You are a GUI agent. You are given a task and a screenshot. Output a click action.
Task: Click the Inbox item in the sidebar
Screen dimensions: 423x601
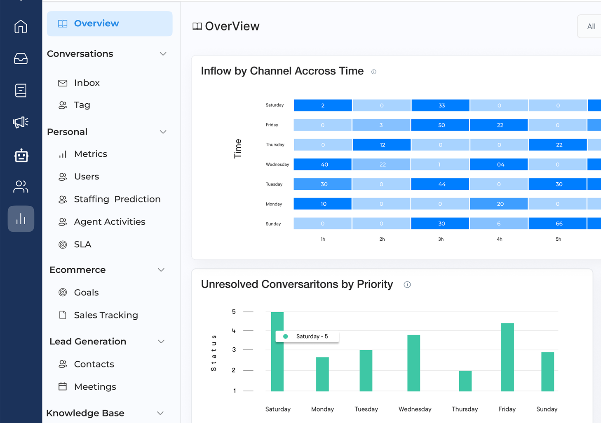click(x=87, y=83)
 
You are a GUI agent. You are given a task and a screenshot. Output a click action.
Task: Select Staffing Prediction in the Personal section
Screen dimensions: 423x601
click(x=117, y=199)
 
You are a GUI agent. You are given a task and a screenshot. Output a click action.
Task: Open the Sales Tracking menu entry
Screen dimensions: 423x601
click(x=106, y=315)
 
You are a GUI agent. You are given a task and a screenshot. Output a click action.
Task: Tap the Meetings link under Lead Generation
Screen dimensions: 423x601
click(x=95, y=387)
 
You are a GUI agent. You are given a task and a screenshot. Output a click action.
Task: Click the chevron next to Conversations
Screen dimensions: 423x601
click(x=163, y=54)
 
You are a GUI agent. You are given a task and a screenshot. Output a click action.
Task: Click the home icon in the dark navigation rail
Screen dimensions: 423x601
click(x=21, y=27)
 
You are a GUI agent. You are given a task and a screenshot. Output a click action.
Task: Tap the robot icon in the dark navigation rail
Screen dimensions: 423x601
click(x=21, y=156)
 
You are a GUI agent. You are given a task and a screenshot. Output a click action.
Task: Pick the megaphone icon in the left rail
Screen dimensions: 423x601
click(x=21, y=122)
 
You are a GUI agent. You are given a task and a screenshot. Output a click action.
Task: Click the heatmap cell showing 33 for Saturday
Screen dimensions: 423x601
click(x=441, y=105)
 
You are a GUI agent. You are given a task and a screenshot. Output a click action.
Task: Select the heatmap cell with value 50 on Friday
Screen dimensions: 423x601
click(x=441, y=125)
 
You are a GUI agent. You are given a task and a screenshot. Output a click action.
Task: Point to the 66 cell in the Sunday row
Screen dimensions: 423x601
click(x=558, y=223)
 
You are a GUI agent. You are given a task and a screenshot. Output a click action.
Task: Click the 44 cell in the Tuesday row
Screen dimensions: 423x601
click(x=441, y=184)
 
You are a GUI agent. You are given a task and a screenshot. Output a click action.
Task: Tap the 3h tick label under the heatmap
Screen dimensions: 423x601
click(x=441, y=239)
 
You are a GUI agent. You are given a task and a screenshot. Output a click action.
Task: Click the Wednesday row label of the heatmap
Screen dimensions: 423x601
click(x=277, y=165)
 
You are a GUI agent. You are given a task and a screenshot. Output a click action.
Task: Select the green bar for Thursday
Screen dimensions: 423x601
click(x=465, y=381)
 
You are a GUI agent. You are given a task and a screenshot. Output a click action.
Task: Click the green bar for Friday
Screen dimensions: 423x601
click(x=507, y=357)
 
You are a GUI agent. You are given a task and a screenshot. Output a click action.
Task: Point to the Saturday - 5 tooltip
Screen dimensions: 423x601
click(x=308, y=337)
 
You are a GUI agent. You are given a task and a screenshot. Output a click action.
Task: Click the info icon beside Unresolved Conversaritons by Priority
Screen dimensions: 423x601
click(x=407, y=285)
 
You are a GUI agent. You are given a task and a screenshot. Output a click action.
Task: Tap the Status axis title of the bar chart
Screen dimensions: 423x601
click(x=214, y=353)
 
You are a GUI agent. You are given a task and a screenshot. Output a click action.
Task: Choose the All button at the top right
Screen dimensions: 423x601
click(x=591, y=26)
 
